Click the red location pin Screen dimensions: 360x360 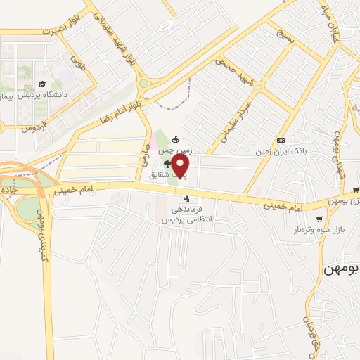[181, 166]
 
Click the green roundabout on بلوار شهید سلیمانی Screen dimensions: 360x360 [143, 83]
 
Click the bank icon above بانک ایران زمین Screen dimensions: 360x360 [281, 140]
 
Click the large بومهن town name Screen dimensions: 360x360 [341, 269]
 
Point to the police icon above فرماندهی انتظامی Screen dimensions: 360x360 [186, 199]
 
